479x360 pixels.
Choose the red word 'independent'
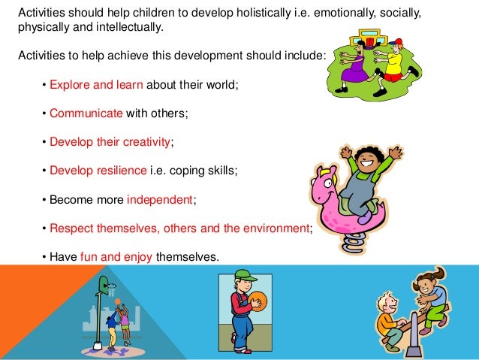[x=159, y=200]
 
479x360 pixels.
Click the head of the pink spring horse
[x=321, y=180]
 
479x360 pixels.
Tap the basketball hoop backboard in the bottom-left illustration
[x=102, y=284]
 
